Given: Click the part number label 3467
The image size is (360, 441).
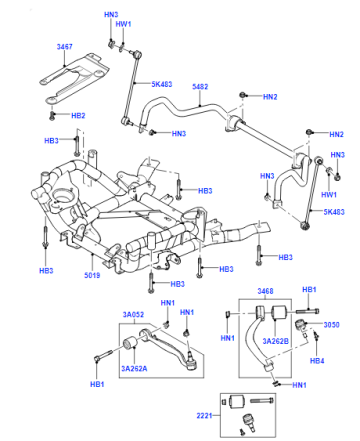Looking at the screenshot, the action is pyautogui.click(x=64, y=47).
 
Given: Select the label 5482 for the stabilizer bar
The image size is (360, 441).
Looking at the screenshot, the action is pyautogui.click(x=200, y=87).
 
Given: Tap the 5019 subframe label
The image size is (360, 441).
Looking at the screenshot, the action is pyautogui.click(x=92, y=275).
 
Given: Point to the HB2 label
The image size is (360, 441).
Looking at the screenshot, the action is pyautogui.click(x=78, y=116).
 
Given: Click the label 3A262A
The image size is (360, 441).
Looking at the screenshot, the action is pyautogui.click(x=134, y=368).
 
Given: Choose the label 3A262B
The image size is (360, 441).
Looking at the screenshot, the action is pyautogui.click(x=275, y=341).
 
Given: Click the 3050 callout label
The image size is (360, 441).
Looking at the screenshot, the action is pyautogui.click(x=331, y=324).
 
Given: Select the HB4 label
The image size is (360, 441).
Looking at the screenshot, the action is pyautogui.click(x=317, y=360).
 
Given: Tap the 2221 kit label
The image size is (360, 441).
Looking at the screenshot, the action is pyautogui.click(x=204, y=415).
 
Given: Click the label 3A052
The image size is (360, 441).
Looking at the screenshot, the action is pyautogui.click(x=133, y=314).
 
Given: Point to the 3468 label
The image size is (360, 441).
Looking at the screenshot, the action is pyautogui.click(x=265, y=291).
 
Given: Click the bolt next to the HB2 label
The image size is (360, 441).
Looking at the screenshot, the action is pyautogui.click(x=52, y=116).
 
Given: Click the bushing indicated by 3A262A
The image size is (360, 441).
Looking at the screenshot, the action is pyautogui.click(x=130, y=344).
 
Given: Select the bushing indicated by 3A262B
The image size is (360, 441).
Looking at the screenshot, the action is pyautogui.click(x=279, y=313).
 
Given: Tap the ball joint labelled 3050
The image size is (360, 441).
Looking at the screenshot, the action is pyautogui.click(x=300, y=325).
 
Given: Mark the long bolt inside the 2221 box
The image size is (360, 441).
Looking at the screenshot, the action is pyautogui.click(x=262, y=400).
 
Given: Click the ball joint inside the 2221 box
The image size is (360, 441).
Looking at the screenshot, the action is pyautogui.click(x=248, y=419).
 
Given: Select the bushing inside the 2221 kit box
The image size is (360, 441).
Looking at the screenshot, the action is pyautogui.click(x=238, y=400).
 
